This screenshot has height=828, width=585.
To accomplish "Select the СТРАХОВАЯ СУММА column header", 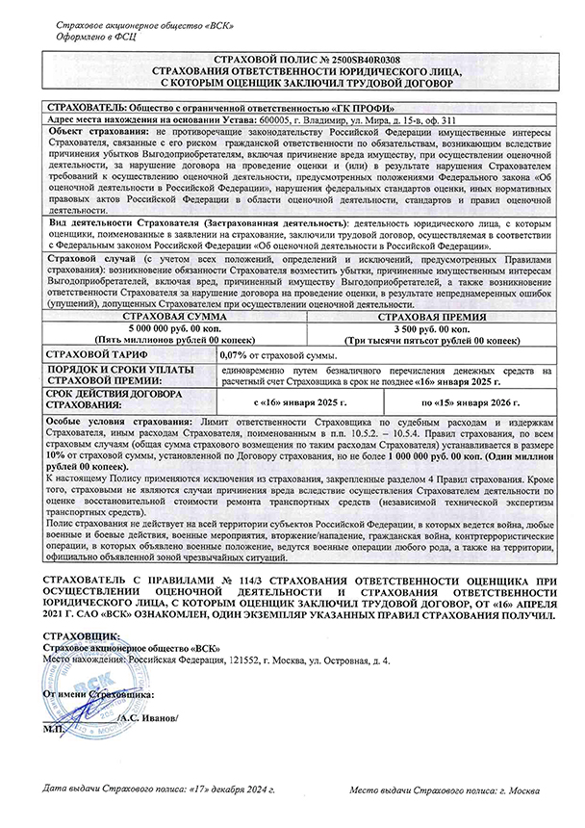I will click(x=165, y=315).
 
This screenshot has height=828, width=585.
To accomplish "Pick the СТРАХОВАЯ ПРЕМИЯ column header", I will click(x=416, y=315).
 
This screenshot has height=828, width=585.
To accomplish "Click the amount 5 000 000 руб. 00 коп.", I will click(x=165, y=327).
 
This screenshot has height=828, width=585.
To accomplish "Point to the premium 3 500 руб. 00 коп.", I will click(x=416, y=327).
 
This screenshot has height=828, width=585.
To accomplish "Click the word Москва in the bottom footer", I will click(x=524, y=789).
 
